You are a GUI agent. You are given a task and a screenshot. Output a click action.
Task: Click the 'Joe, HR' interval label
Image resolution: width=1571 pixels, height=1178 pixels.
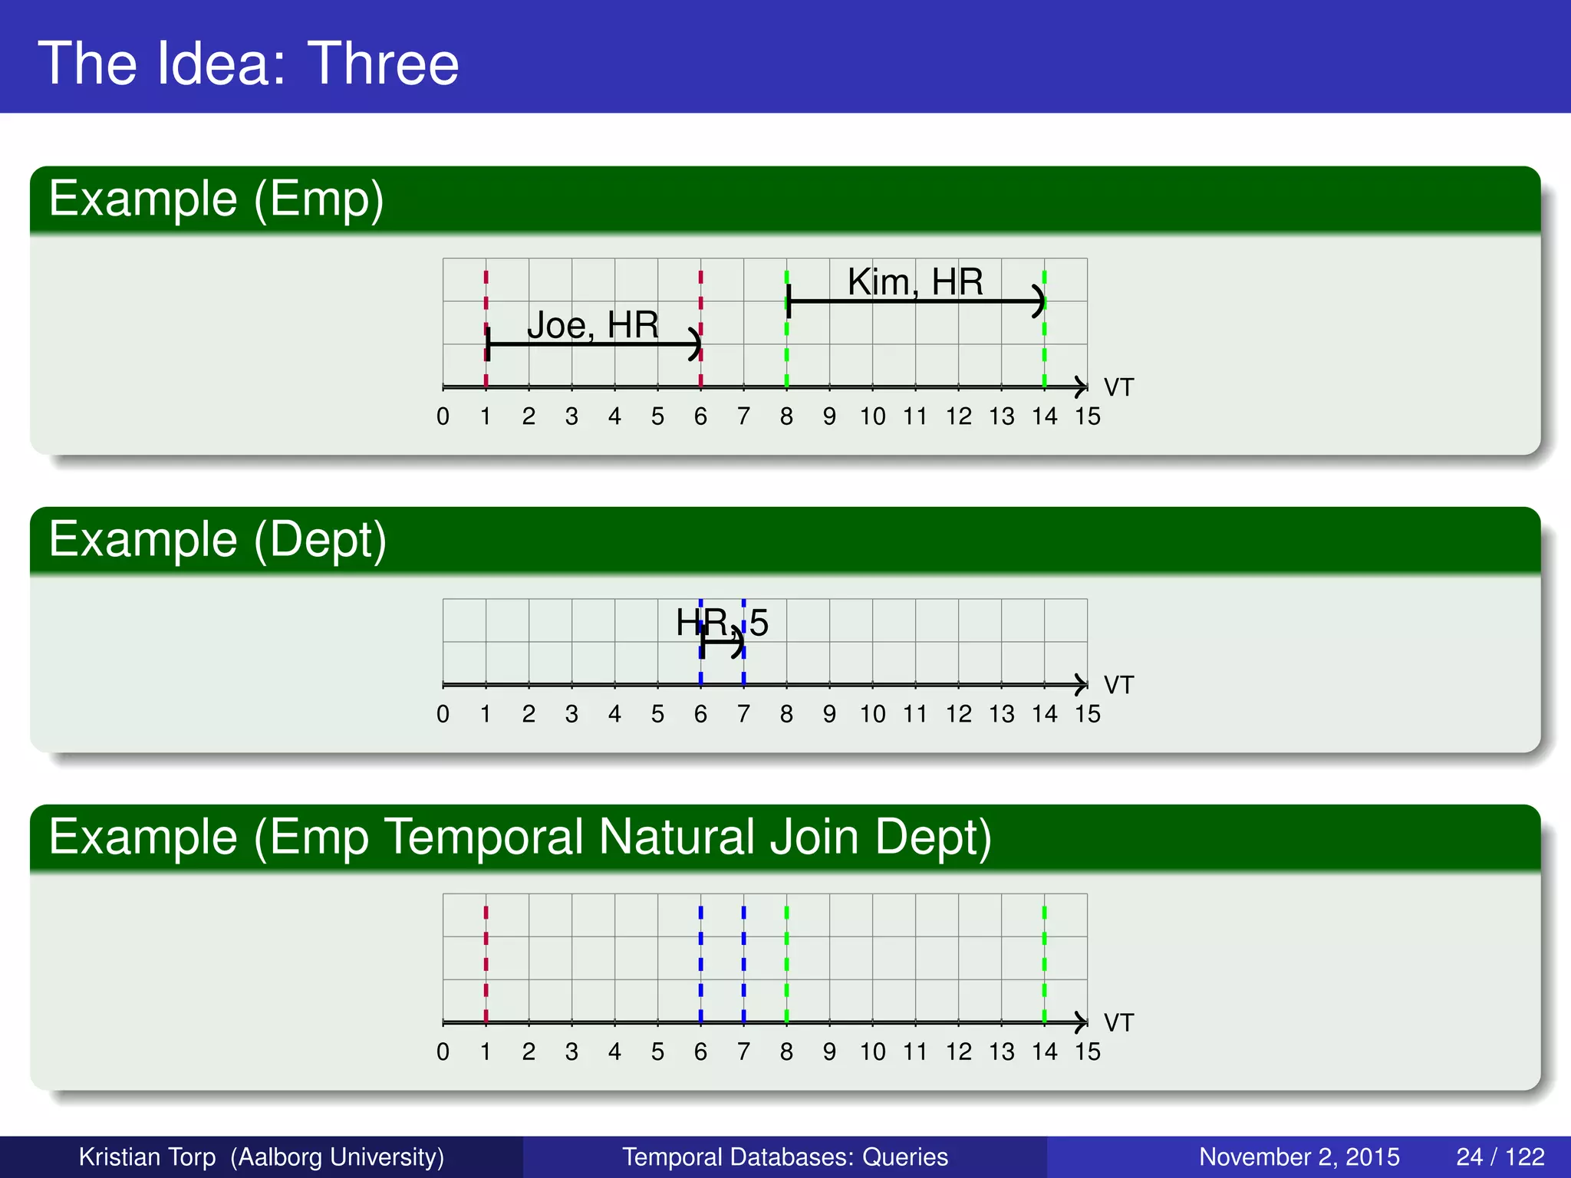pos(592,325)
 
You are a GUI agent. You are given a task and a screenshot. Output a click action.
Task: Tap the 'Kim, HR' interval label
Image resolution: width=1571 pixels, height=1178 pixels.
pos(914,282)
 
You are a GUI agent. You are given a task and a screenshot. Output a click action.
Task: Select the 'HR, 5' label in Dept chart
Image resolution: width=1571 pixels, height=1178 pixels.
pos(721,622)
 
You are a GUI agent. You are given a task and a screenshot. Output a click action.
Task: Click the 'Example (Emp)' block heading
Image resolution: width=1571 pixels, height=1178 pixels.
pos(216,199)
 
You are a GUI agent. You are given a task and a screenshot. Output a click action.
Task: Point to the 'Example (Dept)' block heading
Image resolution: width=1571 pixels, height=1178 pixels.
pos(217,539)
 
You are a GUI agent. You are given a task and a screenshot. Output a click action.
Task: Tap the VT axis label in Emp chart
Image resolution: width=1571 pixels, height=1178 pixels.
pos(1118,388)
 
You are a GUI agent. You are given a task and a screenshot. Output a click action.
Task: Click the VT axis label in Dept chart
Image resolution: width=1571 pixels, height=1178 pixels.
pos(1118,685)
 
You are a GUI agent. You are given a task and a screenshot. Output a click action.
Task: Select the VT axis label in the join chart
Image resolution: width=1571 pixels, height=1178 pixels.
pos(1118,1023)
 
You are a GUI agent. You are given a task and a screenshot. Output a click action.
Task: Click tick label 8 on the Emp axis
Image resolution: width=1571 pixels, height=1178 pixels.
pos(786,416)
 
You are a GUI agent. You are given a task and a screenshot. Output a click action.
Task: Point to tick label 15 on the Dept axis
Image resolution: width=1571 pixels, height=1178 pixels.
pos(1087,714)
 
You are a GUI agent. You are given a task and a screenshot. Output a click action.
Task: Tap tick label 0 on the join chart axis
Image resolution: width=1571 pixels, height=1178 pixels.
pos(443,1051)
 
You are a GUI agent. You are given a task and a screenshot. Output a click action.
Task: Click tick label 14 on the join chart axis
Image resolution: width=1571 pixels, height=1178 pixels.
pos(1044,1051)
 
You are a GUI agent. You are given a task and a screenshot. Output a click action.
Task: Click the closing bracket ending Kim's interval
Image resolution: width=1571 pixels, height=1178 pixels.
pos(1039,301)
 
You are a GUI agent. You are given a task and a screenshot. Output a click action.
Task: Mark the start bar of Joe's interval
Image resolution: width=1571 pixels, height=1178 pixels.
pos(488,344)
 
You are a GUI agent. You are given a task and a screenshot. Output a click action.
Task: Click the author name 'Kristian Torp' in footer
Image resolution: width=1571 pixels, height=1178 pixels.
pos(147,1157)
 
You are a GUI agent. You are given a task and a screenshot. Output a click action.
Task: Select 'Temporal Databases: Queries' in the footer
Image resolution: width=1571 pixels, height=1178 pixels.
pos(785,1157)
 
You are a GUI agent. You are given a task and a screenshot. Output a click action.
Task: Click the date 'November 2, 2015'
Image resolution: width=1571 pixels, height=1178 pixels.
pos(1299,1157)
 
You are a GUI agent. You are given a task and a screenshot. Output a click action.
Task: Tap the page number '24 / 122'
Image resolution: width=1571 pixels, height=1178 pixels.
pos(1500,1157)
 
